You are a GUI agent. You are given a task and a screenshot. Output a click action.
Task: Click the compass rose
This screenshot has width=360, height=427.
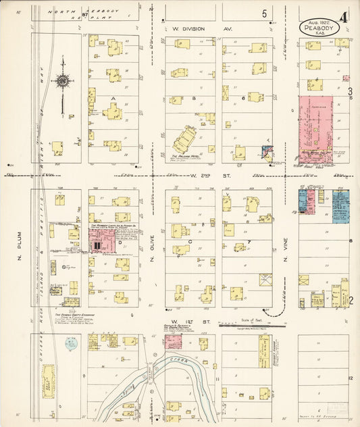pos(62,82)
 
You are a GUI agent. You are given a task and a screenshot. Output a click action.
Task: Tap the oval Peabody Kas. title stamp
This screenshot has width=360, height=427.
pos(319,28)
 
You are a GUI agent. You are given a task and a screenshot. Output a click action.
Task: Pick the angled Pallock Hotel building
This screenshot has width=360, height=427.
pos(184,140)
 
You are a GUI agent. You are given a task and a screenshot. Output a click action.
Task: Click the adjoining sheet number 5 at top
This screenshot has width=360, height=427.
pos(265,14)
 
